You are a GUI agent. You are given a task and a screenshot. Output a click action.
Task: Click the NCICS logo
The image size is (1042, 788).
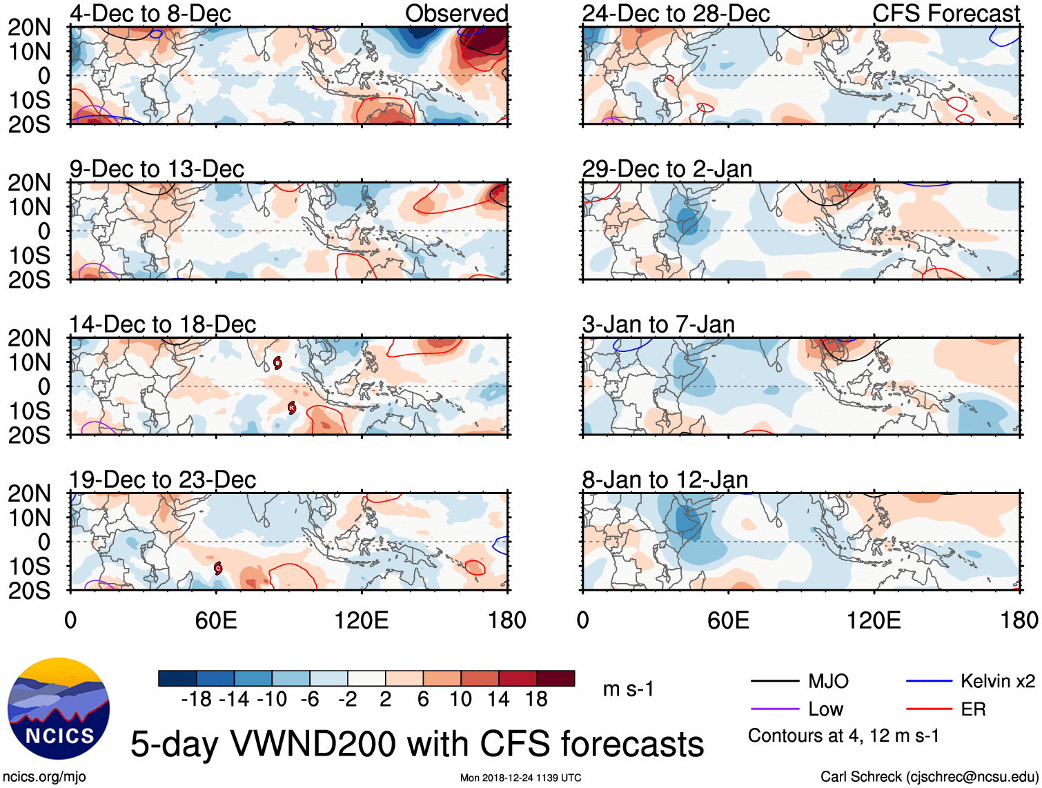[59, 709]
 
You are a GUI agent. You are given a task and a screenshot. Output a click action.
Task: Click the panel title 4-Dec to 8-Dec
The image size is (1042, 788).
[150, 13]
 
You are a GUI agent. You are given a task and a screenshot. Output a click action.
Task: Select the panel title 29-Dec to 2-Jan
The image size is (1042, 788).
[667, 169]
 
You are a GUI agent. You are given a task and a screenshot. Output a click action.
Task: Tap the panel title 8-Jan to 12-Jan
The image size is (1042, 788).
[665, 480]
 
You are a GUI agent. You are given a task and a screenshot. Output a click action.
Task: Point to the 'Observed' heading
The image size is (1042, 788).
[456, 13]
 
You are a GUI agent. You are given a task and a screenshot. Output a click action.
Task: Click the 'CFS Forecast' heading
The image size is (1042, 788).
[945, 13]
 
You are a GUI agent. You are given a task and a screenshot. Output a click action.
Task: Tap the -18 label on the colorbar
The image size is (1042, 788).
[196, 700]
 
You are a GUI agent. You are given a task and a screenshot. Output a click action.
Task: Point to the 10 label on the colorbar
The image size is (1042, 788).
[460, 700]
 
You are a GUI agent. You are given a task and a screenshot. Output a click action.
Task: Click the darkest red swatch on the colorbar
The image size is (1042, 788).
[556, 678]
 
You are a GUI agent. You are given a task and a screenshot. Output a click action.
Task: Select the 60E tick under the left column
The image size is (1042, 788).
[216, 620]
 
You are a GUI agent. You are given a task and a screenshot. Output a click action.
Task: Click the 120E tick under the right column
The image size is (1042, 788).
[874, 620]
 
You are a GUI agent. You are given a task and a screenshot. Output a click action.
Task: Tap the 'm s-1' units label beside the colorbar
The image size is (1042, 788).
[628, 689]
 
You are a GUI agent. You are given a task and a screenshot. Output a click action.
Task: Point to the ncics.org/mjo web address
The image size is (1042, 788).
[43, 777]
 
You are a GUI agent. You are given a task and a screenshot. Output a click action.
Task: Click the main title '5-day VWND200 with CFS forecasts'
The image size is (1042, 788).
[417, 744]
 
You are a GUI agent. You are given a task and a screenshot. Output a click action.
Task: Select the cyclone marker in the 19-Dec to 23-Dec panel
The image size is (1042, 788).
[218, 568]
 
